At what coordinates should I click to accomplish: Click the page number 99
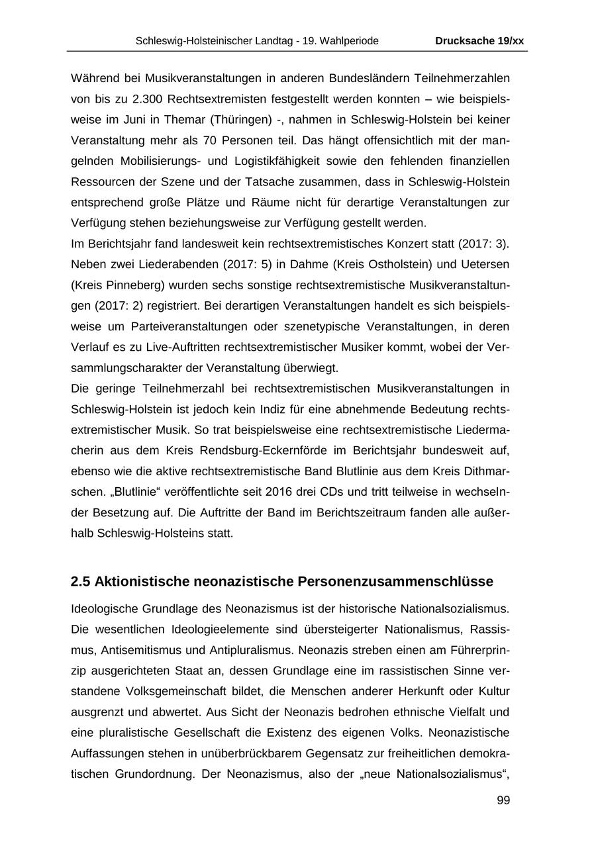pos(503,800)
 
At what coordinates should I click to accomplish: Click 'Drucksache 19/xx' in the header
pos(479,41)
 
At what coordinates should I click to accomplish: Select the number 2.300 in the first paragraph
pos(148,99)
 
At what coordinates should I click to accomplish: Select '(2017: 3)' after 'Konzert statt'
pos(483,244)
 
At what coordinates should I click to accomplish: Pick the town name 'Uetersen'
pos(487,264)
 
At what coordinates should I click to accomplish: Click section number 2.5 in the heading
pos(80,581)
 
